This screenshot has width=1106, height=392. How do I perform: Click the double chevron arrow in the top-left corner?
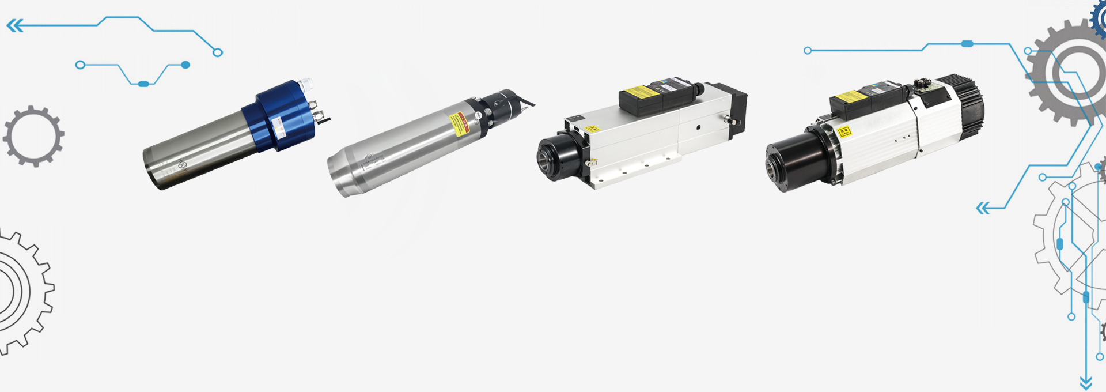15,25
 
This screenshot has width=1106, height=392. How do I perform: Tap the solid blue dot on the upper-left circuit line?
185,65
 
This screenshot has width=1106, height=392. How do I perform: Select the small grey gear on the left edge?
33,137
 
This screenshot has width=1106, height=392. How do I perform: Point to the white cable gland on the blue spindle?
305,85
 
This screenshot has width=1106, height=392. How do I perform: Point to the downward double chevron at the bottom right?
1086,383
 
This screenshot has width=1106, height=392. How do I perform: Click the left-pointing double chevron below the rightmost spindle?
983,208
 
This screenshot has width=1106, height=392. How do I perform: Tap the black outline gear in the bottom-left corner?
20,291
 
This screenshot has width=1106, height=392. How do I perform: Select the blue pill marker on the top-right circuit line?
967,44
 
